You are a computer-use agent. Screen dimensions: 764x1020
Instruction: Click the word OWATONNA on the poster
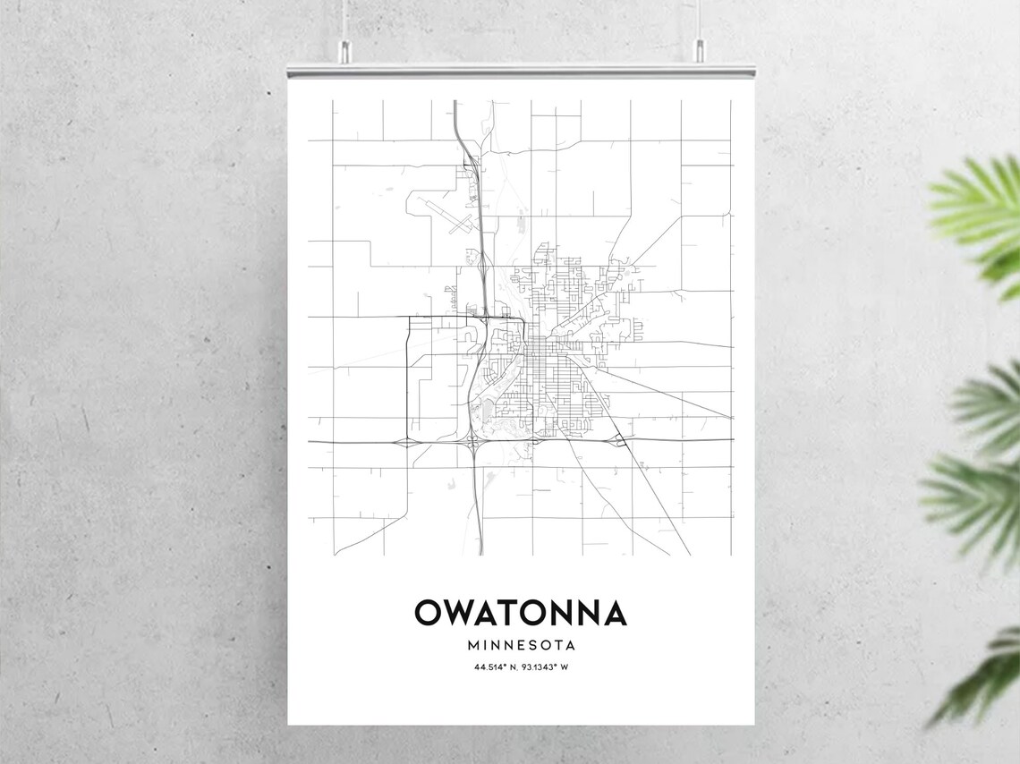click(520, 613)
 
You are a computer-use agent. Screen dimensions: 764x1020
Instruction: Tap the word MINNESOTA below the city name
click(520, 644)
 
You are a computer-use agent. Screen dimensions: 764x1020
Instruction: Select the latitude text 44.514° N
click(494, 667)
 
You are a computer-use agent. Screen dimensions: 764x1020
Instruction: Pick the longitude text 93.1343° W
click(540, 667)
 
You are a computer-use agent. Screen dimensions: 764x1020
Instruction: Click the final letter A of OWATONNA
click(613, 613)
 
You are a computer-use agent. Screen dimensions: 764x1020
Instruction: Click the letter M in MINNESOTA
click(472, 644)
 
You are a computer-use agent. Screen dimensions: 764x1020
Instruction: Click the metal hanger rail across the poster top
click(520, 70)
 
